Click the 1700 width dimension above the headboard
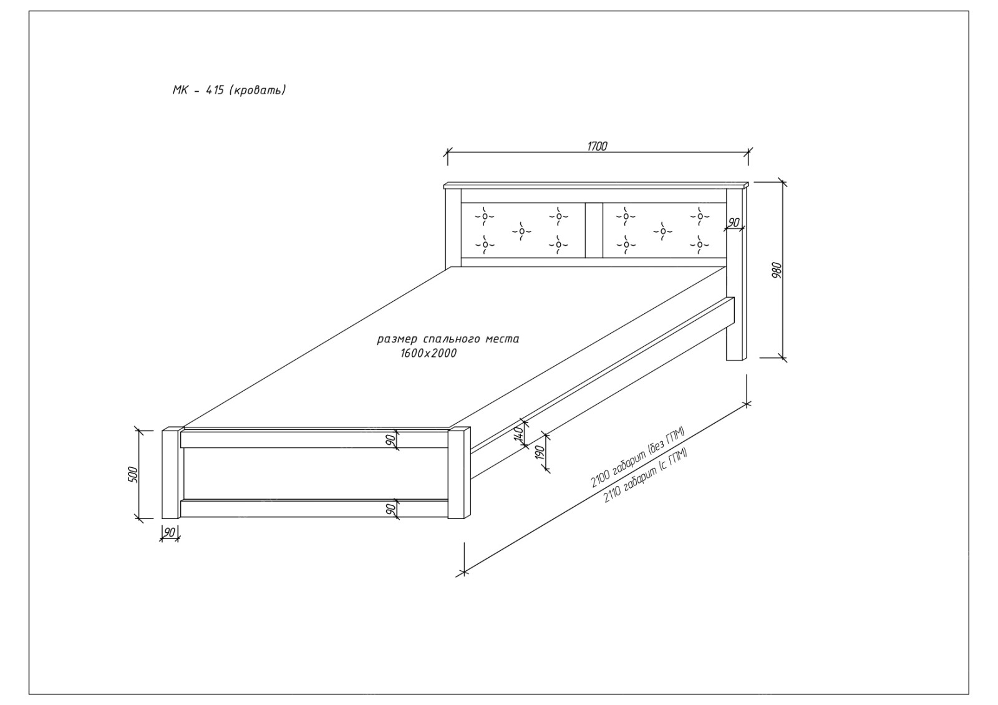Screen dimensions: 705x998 click(x=597, y=147)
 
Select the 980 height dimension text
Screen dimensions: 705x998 click(x=777, y=270)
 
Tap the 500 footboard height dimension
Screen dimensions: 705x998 click(x=132, y=474)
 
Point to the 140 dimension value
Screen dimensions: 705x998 click(x=518, y=434)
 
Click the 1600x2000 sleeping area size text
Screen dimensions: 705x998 click(x=429, y=353)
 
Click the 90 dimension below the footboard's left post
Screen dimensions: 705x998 click(x=170, y=532)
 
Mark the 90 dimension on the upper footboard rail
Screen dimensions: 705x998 click(x=391, y=439)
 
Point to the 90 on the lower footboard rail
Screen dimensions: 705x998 click(x=391, y=509)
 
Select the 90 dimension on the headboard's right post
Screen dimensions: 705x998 click(x=734, y=223)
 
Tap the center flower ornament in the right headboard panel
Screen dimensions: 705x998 click(x=662, y=231)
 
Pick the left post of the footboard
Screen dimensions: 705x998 click(x=171, y=474)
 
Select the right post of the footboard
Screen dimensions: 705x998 click(x=460, y=474)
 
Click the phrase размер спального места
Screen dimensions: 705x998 click(x=448, y=339)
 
